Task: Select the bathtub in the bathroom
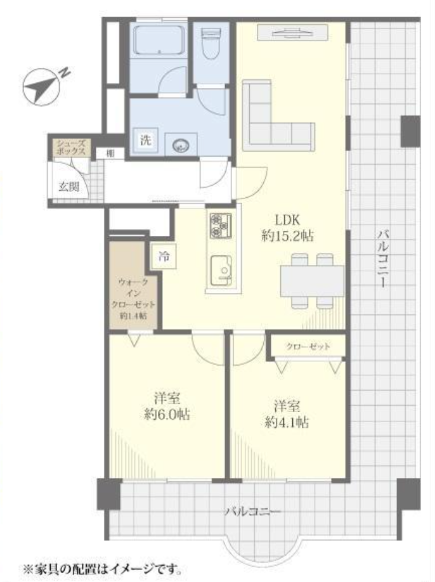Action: click(x=159, y=40)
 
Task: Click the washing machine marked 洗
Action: click(x=146, y=140)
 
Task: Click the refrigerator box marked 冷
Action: click(x=164, y=257)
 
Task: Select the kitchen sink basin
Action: click(x=221, y=271)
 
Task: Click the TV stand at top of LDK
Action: click(x=293, y=32)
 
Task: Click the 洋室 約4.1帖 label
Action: click(x=287, y=414)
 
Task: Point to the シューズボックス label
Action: click(x=71, y=147)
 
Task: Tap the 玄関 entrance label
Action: click(x=69, y=186)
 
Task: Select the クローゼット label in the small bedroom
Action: click(x=308, y=347)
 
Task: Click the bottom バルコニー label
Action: click(x=252, y=512)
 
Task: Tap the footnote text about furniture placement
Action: click(x=103, y=569)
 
